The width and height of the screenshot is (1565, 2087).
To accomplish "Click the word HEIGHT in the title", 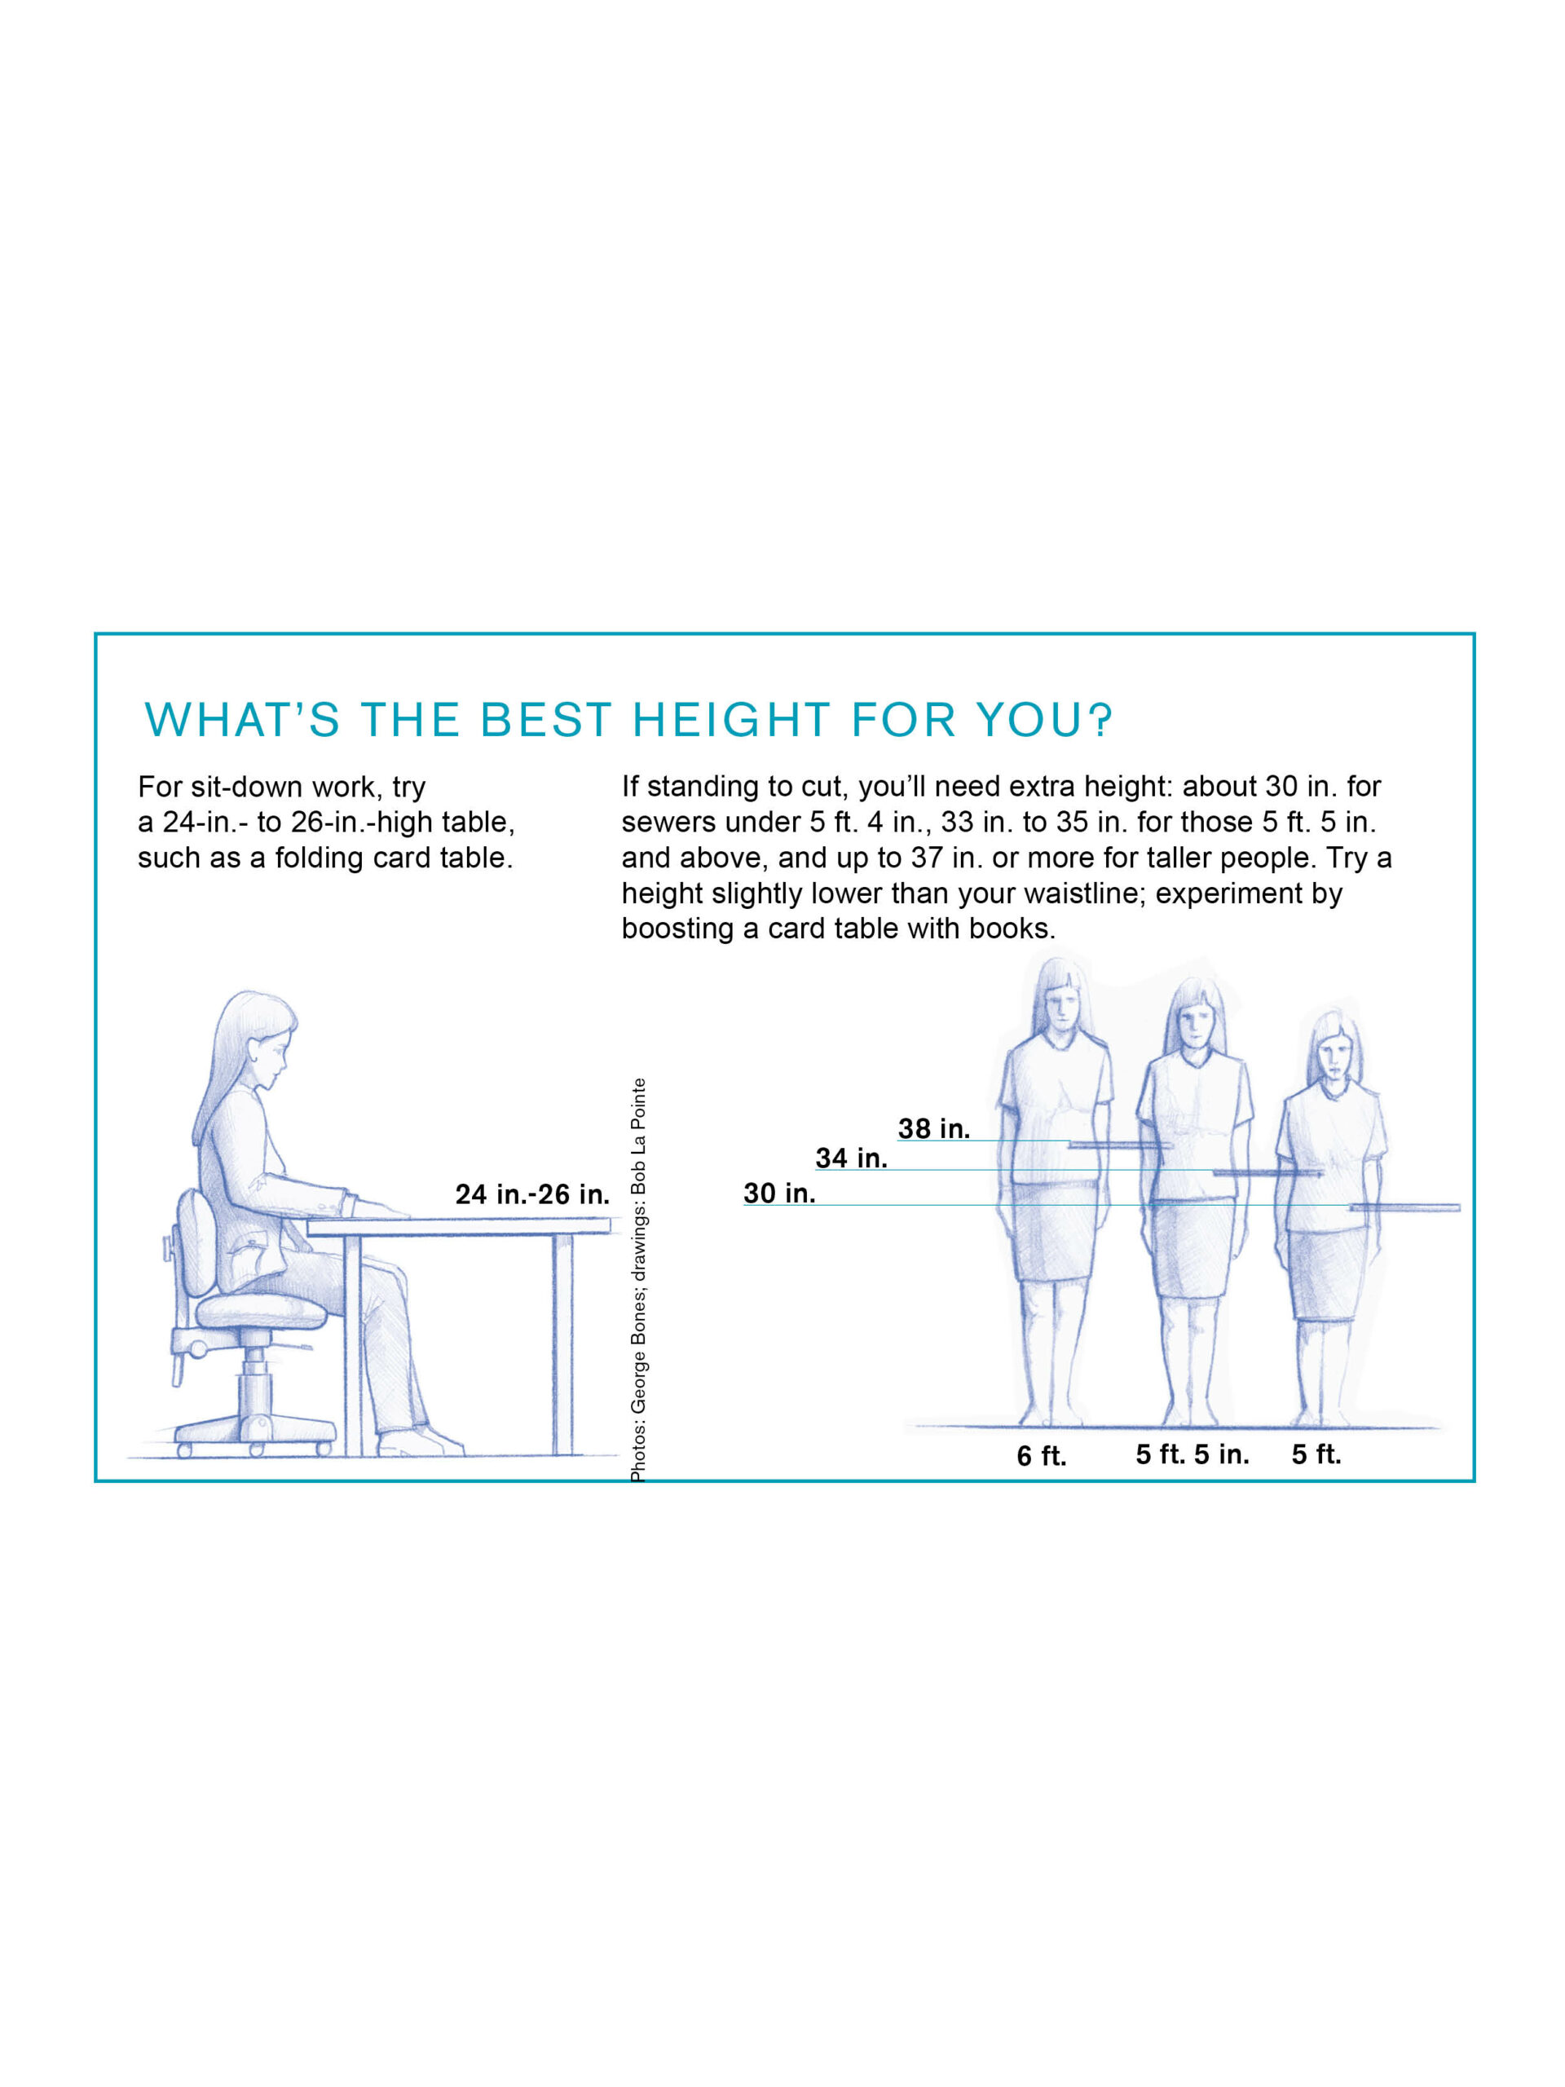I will coord(731,720).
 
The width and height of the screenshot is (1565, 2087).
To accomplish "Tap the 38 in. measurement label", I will coord(933,1128).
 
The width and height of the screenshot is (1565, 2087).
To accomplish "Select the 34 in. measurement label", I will coord(851,1158).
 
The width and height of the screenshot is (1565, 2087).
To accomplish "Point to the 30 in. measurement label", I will coord(779,1194).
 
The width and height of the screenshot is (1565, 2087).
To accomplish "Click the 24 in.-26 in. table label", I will coord(532,1194).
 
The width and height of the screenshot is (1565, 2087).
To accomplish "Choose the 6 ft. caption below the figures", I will coord(1042,1456).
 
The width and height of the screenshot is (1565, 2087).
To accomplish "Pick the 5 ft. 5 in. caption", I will coord(1192,1454).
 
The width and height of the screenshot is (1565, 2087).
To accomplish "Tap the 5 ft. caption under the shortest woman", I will coord(1316,1454).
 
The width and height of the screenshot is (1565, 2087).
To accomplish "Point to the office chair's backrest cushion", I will coord(198,1242).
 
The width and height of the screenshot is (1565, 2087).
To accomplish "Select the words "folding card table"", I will coord(394,858).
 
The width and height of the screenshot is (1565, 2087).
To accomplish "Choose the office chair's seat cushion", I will coord(260,1309).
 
